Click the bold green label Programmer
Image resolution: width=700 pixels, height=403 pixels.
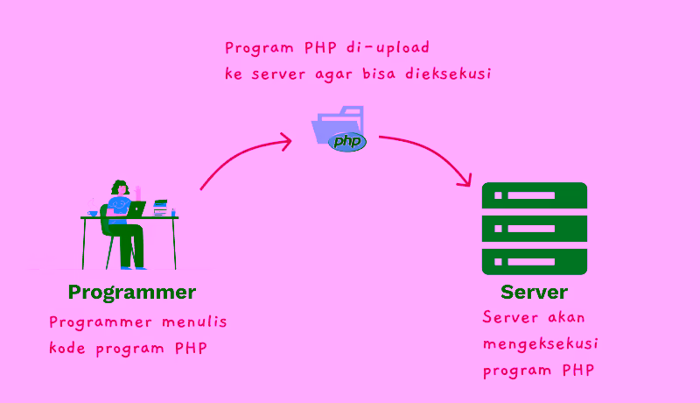point(131,292)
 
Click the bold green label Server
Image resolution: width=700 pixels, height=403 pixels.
point(534,292)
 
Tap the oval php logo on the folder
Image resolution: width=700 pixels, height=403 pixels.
point(347,141)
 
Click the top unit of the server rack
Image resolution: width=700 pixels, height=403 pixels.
point(534,196)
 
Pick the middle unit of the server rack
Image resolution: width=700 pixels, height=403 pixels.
point(534,229)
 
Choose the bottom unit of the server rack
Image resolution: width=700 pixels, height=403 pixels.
point(534,261)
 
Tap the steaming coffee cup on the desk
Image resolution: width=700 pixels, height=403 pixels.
point(93,212)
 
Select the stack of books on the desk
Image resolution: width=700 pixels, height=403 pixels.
point(160,208)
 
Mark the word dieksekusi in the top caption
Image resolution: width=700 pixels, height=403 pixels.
point(448,74)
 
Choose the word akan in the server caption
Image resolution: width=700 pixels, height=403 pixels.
point(563,317)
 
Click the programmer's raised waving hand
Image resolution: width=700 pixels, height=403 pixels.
point(137,190)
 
